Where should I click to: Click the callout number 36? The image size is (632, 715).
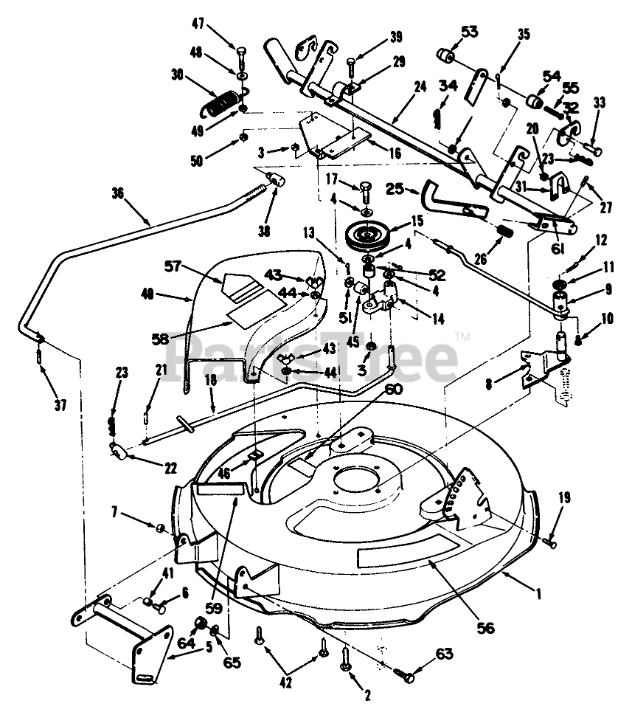(119, 194)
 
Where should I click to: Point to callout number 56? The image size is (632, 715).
(485, 628)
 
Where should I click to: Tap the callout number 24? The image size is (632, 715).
(420, 86)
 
